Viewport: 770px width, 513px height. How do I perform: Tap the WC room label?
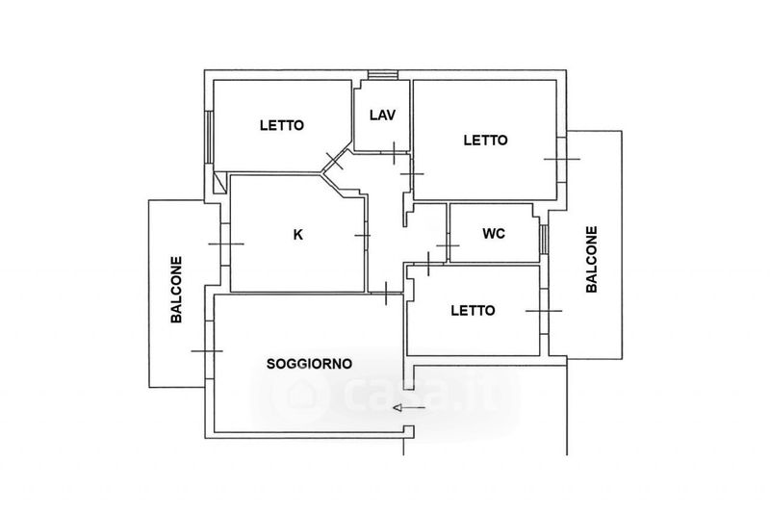tap(494, 233)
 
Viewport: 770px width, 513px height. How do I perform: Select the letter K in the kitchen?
tap(298, 233)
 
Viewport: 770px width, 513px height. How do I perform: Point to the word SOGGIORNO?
tap(309, 363)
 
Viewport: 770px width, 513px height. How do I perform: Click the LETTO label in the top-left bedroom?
tap(282, 125)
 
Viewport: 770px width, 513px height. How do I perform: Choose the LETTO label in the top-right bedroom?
tap(485, 140)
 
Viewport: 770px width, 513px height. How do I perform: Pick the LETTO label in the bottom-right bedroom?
tap(473, 311)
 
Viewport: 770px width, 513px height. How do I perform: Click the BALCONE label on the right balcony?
tap(591, 259)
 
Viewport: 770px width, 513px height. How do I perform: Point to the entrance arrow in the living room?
tap(408, 409)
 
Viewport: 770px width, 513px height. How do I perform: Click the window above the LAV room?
tap(383, 75)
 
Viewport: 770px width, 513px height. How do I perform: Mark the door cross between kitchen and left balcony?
tap(226, 244)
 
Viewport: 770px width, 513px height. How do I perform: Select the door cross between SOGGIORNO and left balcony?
tap(207, 351)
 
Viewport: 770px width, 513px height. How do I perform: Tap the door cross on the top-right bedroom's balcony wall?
tap(561, 158)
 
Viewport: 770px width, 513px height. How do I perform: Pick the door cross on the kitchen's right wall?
tap(363, 234)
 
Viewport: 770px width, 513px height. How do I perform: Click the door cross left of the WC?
tap(448, 246)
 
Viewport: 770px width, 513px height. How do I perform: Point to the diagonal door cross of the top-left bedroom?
tap(335, 159)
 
